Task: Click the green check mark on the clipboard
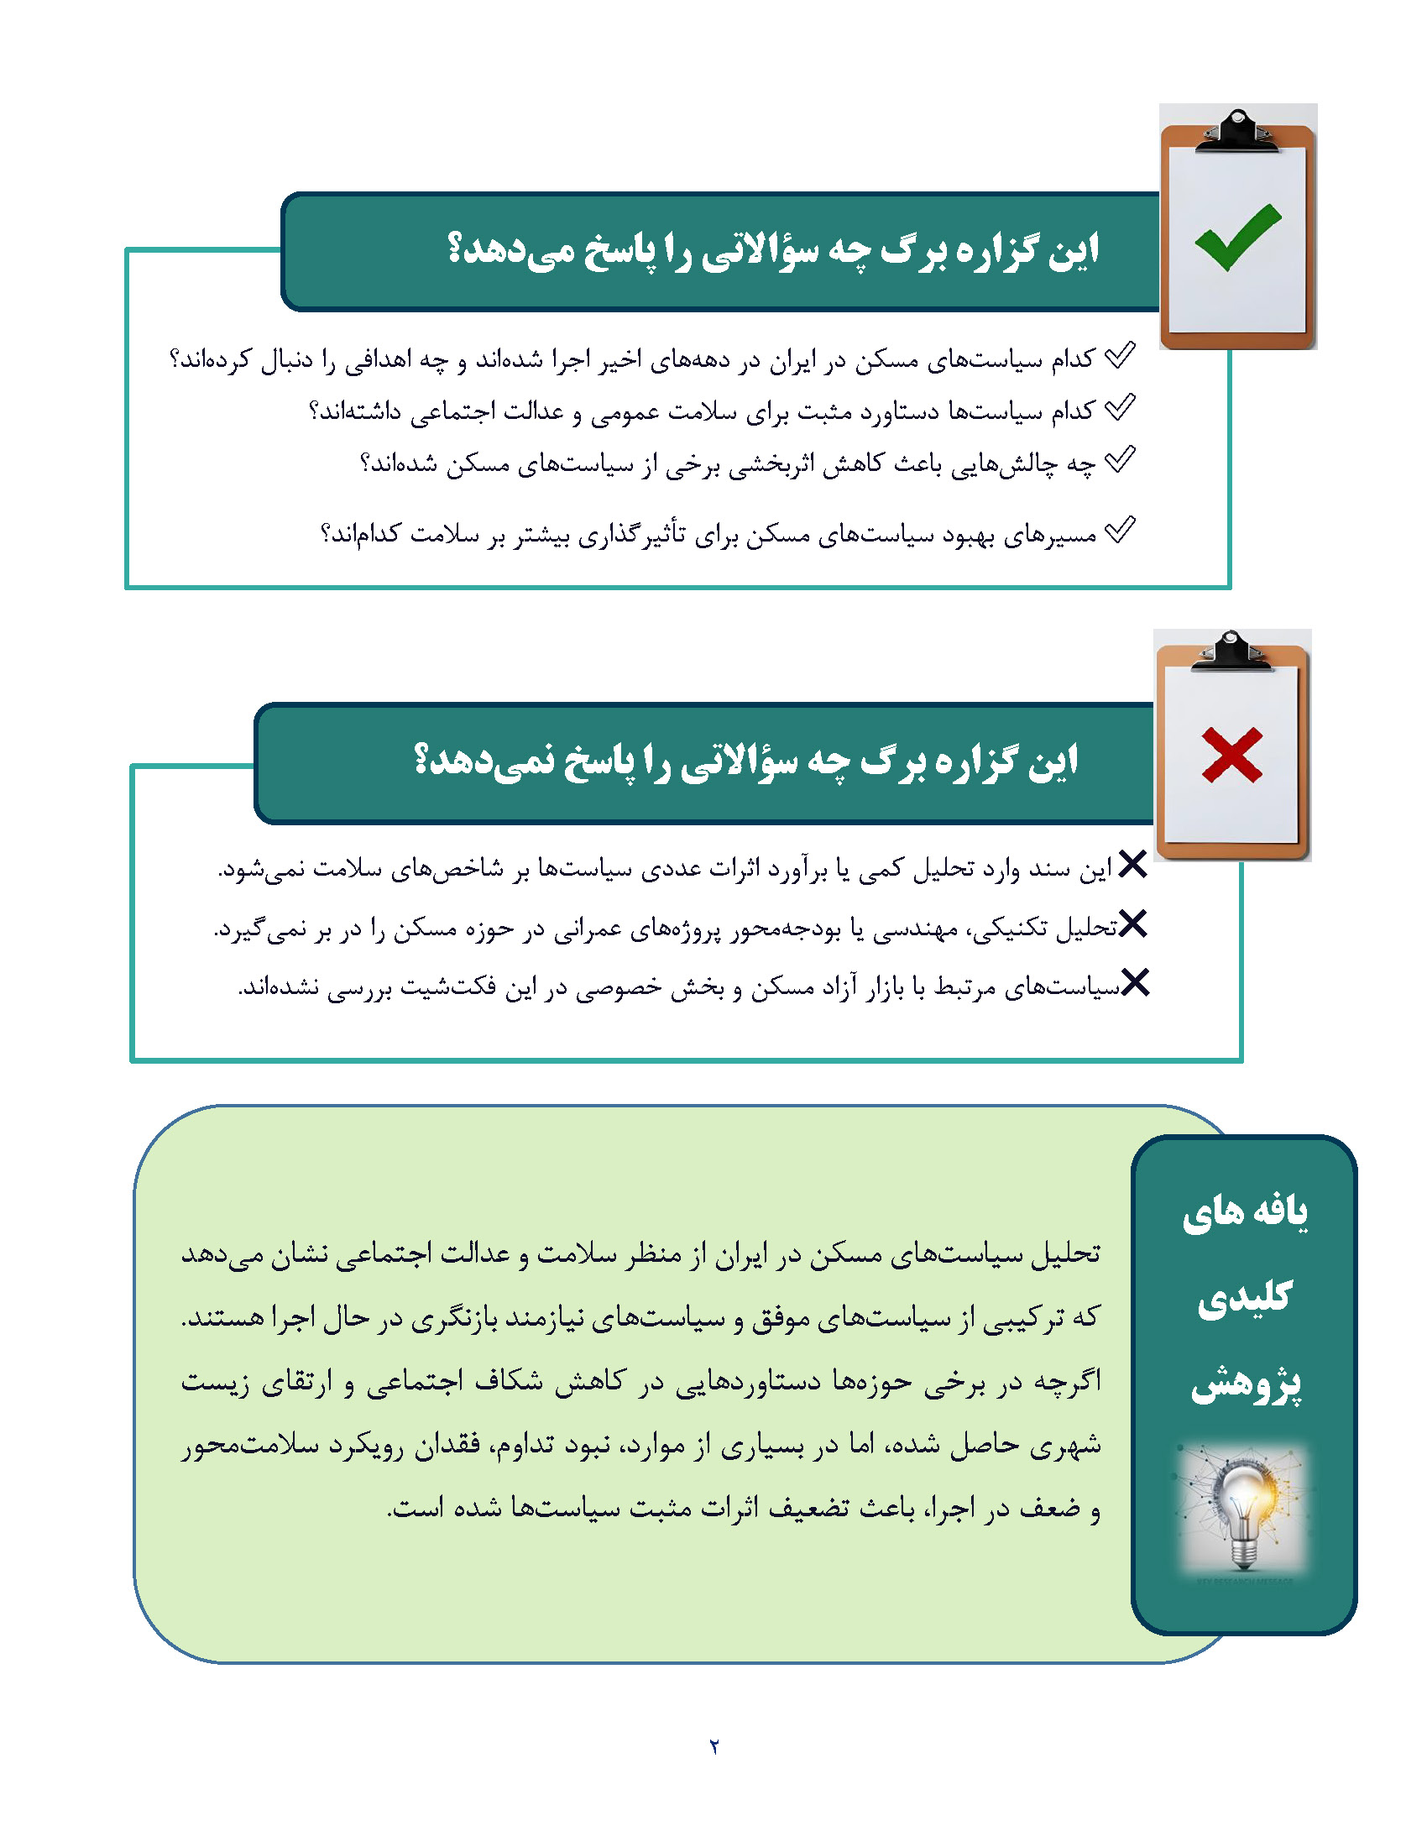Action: coord(1236,237)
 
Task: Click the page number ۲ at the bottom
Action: coord(714,1746)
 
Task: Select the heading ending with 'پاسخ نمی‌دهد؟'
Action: coord(745,761)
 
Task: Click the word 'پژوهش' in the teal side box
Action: coord(1246,1384)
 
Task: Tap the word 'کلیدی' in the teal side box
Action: coord(1245,1297)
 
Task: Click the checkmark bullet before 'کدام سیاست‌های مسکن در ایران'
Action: coord(1120,356)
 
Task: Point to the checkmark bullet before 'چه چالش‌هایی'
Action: coord(1120,460)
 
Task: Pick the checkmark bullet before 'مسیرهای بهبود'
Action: coord(1120,531)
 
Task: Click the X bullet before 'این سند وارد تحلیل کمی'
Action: coord(1132,864)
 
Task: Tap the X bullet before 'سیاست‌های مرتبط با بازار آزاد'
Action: coord(1135,983)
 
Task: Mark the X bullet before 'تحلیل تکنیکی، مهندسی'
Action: coord(1133,923)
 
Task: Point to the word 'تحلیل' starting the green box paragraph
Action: coord(1067,1253)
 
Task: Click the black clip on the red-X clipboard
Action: coord(1231,652)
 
